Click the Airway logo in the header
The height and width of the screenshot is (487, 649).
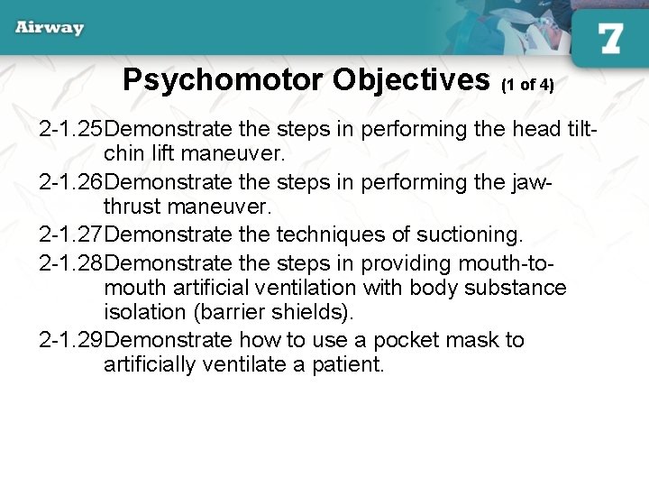tap(50, 28)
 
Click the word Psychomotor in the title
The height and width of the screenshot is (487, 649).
tap(224, 80)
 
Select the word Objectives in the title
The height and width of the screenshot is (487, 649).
tap(411, 80)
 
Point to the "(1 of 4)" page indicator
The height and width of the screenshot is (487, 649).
tap(527, 85)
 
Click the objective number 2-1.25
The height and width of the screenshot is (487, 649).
tap(77, 129)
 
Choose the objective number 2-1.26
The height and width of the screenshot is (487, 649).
tap(77, 182)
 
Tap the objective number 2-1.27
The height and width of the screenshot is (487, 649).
tap(77, 235)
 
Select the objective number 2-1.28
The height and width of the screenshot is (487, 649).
tap(77, 262)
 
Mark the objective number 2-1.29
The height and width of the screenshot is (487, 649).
tap(77, 340)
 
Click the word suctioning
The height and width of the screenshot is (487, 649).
tap(469, 235)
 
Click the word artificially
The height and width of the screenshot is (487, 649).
tap(151, 365)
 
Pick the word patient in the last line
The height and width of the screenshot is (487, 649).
tap(350, 365)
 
